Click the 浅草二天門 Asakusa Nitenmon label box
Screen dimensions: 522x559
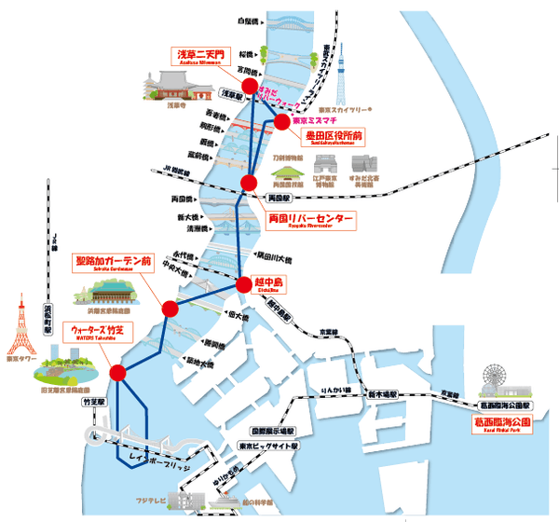tap(200, 57)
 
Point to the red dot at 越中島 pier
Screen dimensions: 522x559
tap(246, 282)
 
